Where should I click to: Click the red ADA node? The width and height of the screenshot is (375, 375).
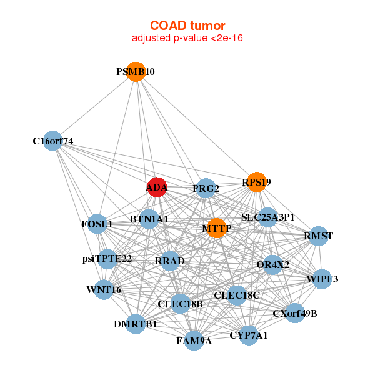click(x=156, y=187)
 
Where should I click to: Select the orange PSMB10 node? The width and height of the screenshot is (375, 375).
click(x=136, y=72)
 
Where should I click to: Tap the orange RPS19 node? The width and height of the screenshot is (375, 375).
click(x=256, y=182)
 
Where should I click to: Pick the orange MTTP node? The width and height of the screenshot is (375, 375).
click(x=217, y=228)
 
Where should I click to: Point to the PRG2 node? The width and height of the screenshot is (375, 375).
click(x=206, y=188)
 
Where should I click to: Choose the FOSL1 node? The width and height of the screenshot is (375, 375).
click(x=97, y=224)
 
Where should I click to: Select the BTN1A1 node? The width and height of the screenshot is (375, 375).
click(x=149, y=219)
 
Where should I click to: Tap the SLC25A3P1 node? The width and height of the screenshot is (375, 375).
click(x=267, y=217)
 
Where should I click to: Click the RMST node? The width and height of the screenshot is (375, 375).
click(x=319, y=236)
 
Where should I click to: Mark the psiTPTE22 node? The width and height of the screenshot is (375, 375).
click(x=107, y=259)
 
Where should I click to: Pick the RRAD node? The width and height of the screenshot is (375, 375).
click(x=170, y=261)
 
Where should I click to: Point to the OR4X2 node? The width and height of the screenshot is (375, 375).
click(x=272, y=264)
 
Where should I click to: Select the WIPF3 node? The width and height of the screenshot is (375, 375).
click(x=322, y=279)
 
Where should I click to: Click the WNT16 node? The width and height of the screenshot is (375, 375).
click(x=104, y=290)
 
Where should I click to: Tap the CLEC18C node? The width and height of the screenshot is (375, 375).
click(x=236, y=294)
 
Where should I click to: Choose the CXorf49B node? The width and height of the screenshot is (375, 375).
click(x=295, y=313)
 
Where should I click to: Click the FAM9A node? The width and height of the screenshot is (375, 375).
click(x=194, y=341)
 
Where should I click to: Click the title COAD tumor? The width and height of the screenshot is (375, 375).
click(x=187, y=26)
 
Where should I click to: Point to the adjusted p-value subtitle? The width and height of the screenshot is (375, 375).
click(x=187, y=38)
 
